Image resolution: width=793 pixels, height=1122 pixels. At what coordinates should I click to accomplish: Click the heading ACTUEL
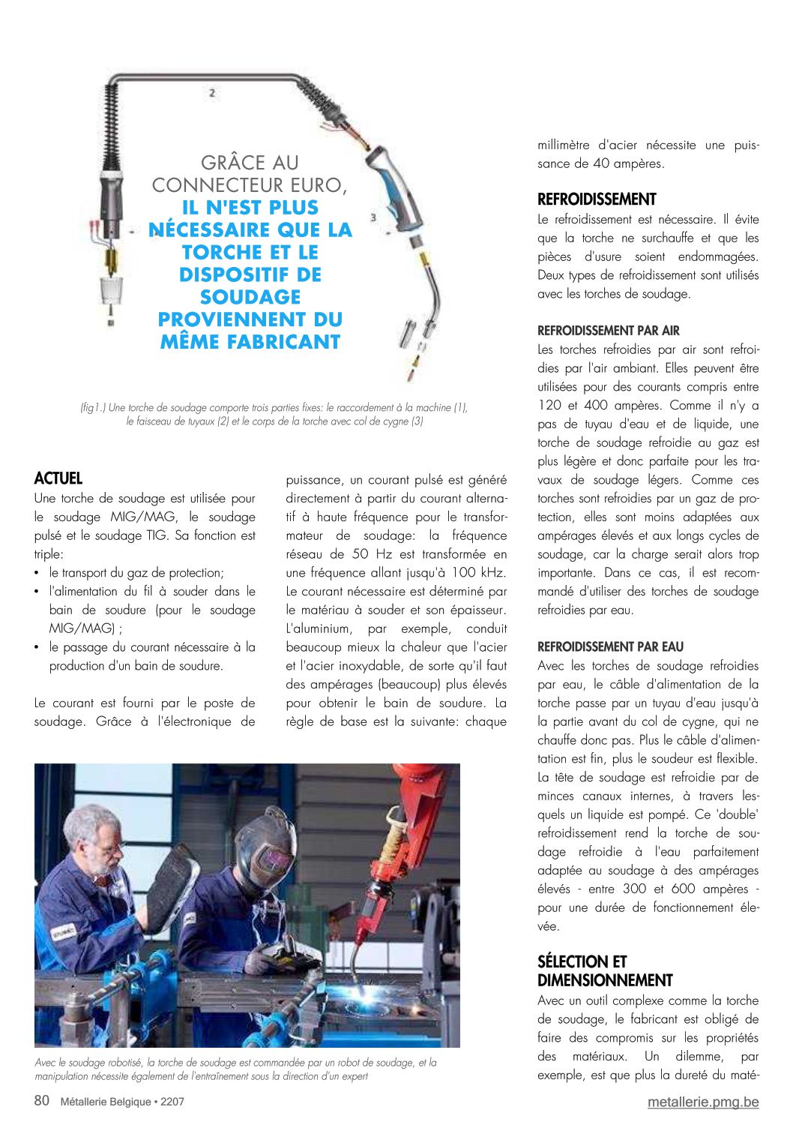click(x=58, y=478)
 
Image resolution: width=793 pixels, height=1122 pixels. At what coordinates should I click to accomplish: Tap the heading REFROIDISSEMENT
click(x=597, y=199)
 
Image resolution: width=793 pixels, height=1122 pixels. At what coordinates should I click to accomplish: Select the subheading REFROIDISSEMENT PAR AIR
click(x=608, y=331)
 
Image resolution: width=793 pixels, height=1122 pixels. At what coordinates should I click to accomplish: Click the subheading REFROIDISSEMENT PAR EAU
click(x=610, y=646)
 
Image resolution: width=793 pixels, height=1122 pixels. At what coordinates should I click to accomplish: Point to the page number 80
click(x=42, y=1101)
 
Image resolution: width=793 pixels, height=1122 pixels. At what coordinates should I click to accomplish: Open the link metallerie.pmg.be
click(x=703, y=1102)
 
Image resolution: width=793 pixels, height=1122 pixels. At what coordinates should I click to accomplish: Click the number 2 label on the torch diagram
click(x=212, y=93)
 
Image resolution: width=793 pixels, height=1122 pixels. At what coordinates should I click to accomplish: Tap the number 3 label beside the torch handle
click(x=373, y=218)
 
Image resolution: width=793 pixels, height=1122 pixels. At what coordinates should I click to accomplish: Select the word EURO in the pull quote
click(x=319, y=185)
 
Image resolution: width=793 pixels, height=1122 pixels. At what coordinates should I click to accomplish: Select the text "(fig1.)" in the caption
click(x=93, y=408)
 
